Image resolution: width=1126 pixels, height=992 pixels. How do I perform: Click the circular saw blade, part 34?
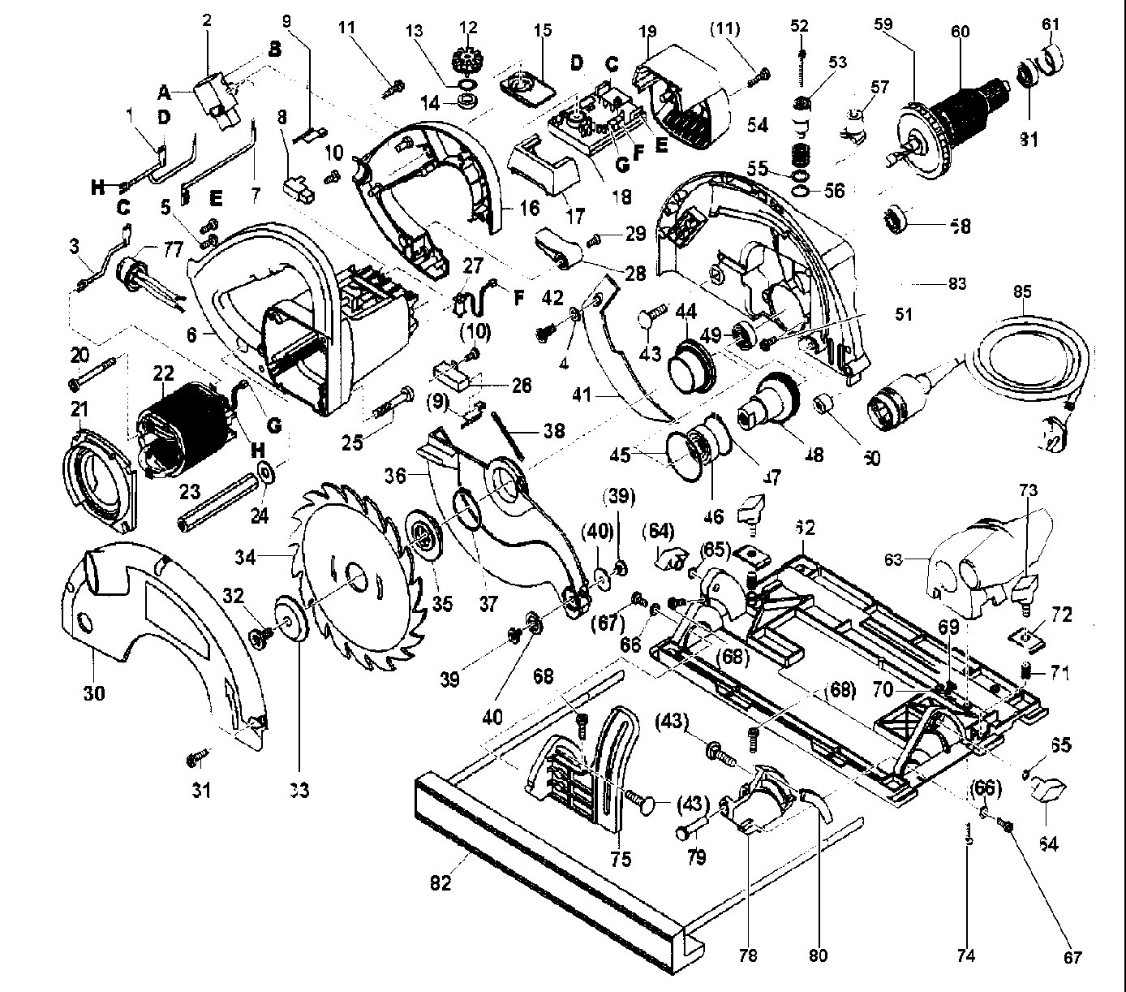pyautogui.click(x=357, y=576)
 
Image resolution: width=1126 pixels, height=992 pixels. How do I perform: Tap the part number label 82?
pyautogui.click(x=441, y=884)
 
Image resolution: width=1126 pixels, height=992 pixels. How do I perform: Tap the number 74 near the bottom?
pyautogui.click(x=965, y=956)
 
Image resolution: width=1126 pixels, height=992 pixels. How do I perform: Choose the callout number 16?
pyautogui.click(x=529, y=209)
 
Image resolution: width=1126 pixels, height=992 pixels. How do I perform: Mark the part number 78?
pyautogui.click(x=748, y=956)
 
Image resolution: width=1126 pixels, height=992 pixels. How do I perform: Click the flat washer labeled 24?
pyautogui.click(x=265, y=472)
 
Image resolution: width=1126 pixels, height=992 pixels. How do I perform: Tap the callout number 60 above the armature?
pyautogui.click(x=960, y=32)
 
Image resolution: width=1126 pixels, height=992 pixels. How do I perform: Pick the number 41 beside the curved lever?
pyautogui.click(x=602, y=398)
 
